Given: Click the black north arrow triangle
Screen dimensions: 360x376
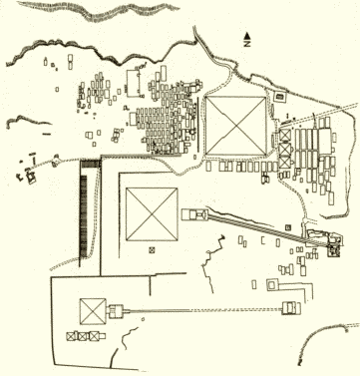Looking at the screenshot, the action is click(x=247, y=35).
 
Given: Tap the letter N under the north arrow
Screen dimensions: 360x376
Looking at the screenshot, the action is click(x=247, y=43).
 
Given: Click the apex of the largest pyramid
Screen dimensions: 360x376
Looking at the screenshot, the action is click(x=236, y=126).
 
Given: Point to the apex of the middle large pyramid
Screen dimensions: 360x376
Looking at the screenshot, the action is click(x=152, y=214).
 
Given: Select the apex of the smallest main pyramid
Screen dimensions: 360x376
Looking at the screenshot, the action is click(x=93, y=311).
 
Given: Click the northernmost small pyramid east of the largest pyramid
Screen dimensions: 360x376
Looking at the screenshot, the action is click(x=285, y=136).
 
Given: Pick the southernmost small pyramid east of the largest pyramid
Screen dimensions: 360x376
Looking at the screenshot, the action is click(x=285, y=162).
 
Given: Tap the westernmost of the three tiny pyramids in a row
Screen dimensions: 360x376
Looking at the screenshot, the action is click(x=72, y=336).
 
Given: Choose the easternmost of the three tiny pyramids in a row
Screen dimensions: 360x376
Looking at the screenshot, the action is click(x=95, y=336).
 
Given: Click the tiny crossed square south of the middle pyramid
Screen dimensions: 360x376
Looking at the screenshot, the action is click(x=152, y=250).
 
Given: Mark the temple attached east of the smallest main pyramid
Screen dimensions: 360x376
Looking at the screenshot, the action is click(x=117, y=312).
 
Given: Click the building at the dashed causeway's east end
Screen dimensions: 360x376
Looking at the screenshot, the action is click(x=291, y=308).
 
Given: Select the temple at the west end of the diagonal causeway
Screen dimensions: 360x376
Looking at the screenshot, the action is click(x=194, y=214).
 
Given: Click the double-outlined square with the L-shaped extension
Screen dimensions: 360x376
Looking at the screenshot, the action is click(x=272, y=284).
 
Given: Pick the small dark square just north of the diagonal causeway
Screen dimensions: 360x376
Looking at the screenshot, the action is click(x=288, y=227).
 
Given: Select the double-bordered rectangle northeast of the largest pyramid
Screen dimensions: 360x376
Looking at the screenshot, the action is click(x=279, y=97).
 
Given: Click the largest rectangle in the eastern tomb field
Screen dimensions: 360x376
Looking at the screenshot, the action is click(x=325, y=141).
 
